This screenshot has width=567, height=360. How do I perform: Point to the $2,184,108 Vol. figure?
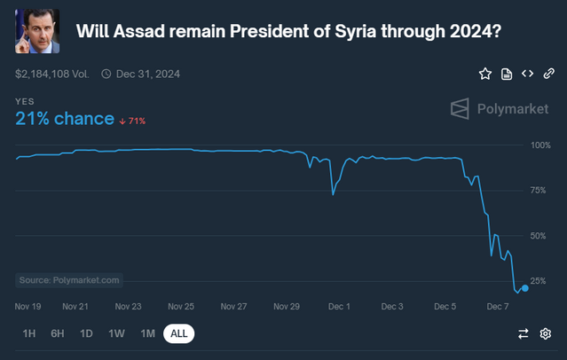(51, 74)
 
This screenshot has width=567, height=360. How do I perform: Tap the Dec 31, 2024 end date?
(148, 74)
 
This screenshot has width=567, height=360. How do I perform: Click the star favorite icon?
(485, 74)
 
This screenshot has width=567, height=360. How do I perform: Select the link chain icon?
(549, 74)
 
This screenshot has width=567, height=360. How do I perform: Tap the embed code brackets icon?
(527, 74)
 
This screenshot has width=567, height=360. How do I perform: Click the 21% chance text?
(65, 119)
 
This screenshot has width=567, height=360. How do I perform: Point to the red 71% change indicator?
(133, 121)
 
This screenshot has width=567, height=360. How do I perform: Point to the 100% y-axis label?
(539, 145)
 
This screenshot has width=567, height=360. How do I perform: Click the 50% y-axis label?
(541, 236)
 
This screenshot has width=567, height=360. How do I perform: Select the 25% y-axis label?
(541, 281)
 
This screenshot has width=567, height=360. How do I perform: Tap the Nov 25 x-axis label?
(182, 307)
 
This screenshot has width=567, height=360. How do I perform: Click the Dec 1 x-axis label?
(340, 307)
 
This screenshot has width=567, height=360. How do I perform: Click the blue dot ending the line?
(525, 287)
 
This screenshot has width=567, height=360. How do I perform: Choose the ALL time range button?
(178, 333)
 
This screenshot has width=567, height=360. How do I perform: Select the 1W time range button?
(116, 333)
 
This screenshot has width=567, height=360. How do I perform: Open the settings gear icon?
(546, 333)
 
